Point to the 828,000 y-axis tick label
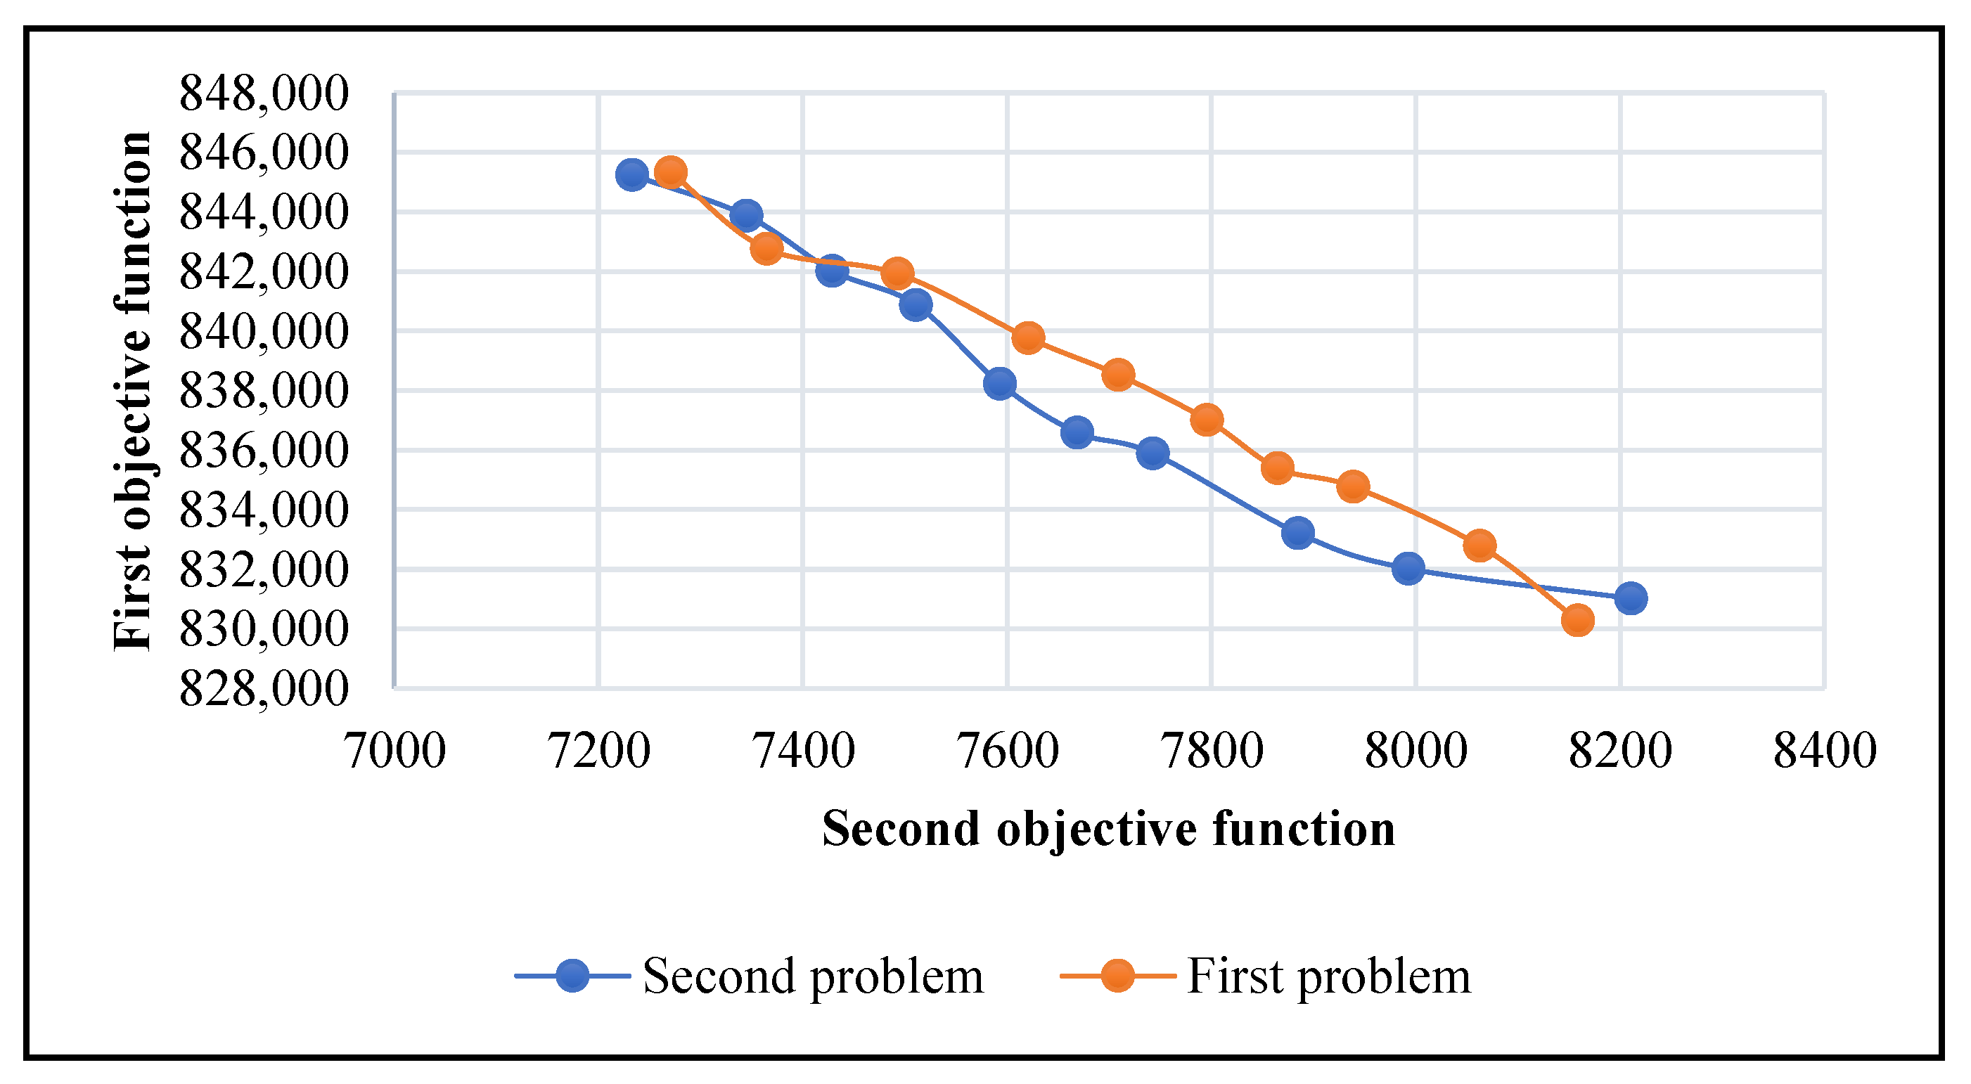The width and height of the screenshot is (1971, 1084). tap(263, 688)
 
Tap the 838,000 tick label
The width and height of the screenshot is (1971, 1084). tap(263, 391)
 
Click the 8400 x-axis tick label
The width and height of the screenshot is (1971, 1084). tap(1825, 751)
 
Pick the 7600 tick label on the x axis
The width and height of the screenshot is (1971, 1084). tap(1008, 751)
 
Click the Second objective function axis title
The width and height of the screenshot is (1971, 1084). tap(1109, 829)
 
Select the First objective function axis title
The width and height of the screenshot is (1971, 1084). tap(133, 391)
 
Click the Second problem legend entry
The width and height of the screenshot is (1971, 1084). tap(813, 976)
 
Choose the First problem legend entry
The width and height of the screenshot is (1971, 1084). tap(1328, 976)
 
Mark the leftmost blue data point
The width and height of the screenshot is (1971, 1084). tap(632, 175)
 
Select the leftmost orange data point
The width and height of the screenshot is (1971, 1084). tap(671, 173)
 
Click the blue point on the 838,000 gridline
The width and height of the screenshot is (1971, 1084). tap(1000, 383)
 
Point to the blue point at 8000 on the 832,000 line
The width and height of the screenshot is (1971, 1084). tap(1408, 569)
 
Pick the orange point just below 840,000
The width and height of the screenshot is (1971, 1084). tap(1028, 337)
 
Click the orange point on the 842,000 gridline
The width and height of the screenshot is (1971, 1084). tap(897, 273)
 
